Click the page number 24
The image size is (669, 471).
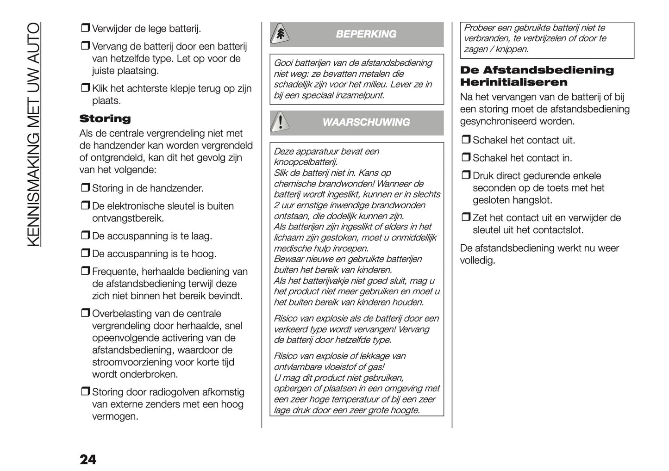88,459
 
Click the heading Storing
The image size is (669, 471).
105,119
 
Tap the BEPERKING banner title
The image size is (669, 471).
366,34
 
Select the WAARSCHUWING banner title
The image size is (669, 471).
366,123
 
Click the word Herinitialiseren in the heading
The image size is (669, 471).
513,82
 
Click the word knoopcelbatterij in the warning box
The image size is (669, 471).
306,162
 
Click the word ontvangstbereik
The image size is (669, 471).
128,218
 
